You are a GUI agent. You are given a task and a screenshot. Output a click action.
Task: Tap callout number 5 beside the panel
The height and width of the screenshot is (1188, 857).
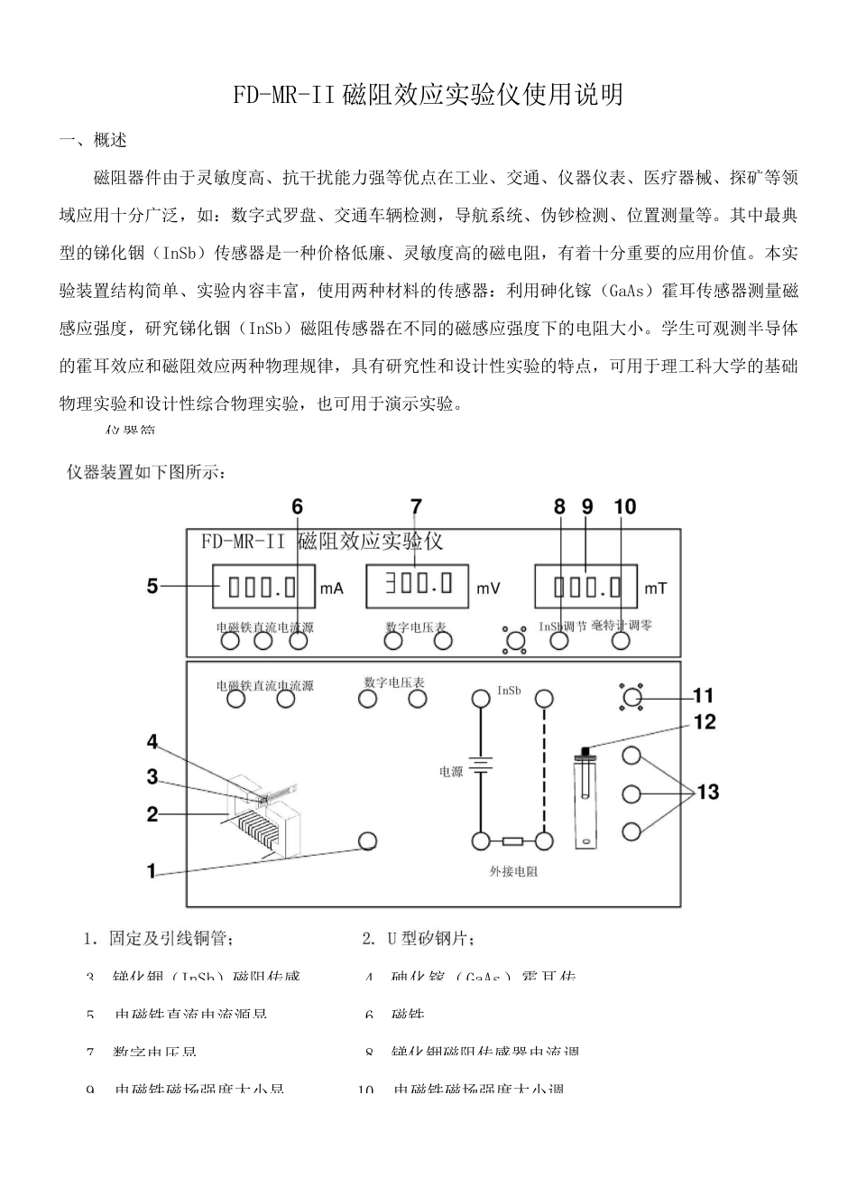click(153, 587)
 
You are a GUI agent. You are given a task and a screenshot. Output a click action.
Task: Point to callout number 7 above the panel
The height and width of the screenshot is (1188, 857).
click(415, 507)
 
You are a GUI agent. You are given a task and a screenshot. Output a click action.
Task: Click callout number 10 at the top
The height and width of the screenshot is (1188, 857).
click(624, 507)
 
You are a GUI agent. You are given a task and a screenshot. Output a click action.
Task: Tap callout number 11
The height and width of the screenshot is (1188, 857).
click(702, 696)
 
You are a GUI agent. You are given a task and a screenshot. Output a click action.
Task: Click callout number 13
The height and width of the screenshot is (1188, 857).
click(708, 793)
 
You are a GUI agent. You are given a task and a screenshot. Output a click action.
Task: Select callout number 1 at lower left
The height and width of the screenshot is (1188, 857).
click(152, 872)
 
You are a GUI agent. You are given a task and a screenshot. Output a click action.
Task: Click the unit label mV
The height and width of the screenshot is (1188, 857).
click(488, 589)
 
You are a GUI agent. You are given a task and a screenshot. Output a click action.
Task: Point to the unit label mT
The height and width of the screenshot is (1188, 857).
click(656, 589)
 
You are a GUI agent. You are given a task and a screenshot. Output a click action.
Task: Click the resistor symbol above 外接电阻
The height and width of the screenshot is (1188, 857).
click(511, 841)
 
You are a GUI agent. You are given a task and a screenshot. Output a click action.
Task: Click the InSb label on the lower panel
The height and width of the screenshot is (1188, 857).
click(509, 691)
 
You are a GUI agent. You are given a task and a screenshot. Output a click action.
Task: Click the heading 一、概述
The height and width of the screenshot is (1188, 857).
click(93, 141)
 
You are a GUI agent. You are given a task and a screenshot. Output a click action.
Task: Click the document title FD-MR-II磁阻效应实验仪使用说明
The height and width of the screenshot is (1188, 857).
click(428, 95)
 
